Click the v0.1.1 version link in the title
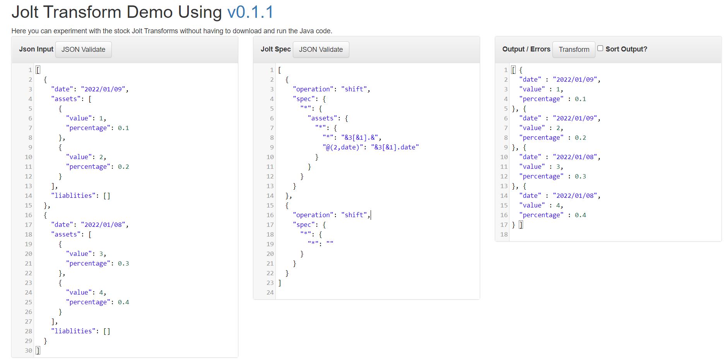(x=250, y=12)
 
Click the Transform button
(x=574, y=50)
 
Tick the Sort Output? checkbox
(x=600, y=48)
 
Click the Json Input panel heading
(x=36, y=49)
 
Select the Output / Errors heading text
(x=526, y=49)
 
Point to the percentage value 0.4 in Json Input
(x=123, y=302)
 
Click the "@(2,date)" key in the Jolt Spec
(x=343, y=147)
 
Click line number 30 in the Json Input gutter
(x=29, y=350)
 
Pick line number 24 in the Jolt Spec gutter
(x=270, y=292)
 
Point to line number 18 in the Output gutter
(x=504, y=234)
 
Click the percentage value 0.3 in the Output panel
(x=580, y=176)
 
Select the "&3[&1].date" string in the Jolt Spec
(x=395, y=147)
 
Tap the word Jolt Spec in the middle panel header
(x=275, y=49)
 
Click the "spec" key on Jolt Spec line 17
(x=304, y=225)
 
